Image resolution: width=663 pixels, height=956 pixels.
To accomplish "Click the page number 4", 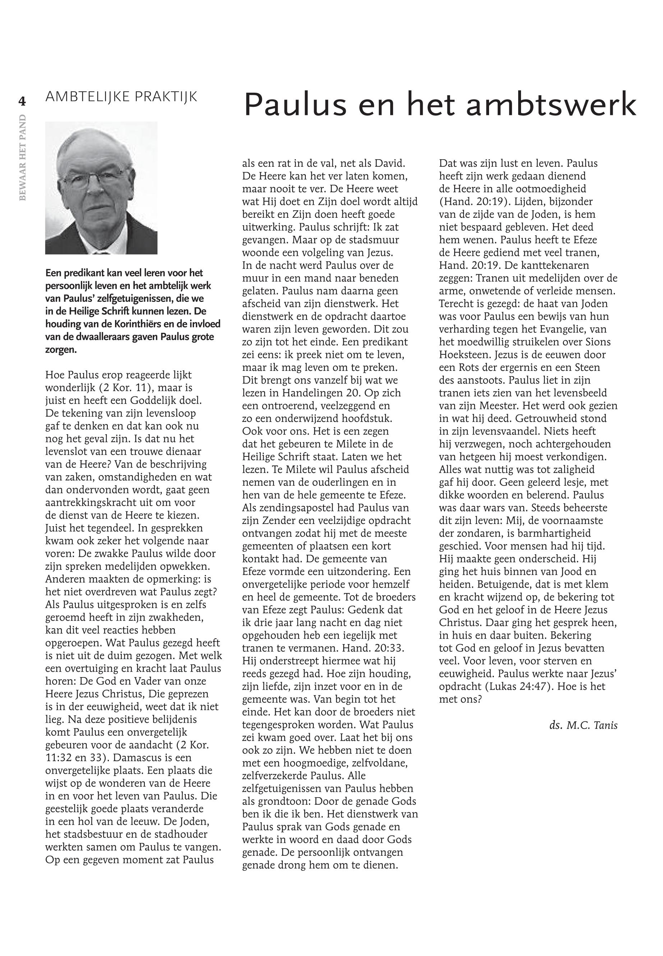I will [22, 101].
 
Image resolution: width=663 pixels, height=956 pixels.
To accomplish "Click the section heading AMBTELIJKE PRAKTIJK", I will [121, 97].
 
